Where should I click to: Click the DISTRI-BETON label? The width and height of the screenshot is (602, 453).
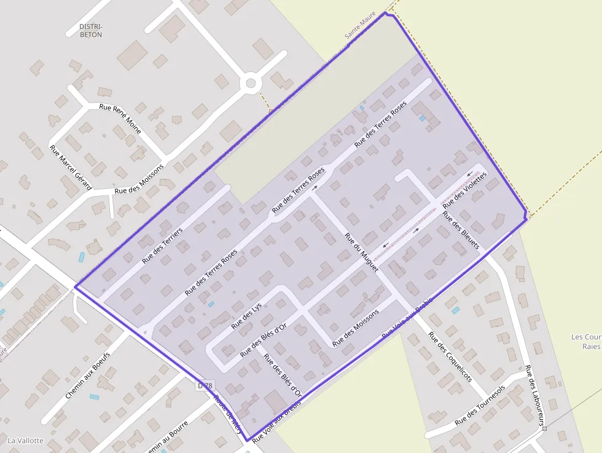pos(91,31)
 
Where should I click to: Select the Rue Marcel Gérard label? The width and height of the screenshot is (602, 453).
pos(70,167)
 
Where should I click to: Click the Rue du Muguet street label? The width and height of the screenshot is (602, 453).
pos(361,253)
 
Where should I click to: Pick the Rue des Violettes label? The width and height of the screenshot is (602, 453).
pos(464,189)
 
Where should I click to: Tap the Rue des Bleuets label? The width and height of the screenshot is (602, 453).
pos(461,232)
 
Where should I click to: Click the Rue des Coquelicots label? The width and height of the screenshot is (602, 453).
pos(450,357)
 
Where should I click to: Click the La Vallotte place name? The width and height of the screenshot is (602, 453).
pos(25,441)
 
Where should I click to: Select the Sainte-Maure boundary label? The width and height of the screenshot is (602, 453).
pos(360,28)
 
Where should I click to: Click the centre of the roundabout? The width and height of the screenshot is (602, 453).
pos(250,83)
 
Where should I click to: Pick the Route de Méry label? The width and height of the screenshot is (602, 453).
pos(228,414)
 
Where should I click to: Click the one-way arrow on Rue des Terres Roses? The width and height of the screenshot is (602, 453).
pos(315,188)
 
